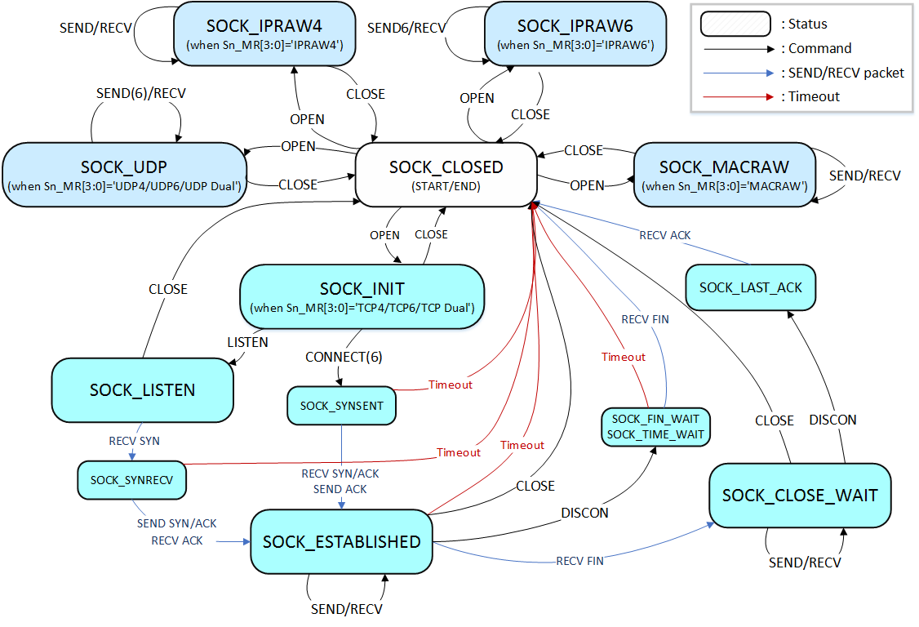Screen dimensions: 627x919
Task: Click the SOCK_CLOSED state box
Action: point(446,174)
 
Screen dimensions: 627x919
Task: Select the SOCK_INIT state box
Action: point(362,297)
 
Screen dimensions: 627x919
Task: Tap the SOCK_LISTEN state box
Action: point(142,390)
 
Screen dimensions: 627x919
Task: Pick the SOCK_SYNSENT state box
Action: point(341,406)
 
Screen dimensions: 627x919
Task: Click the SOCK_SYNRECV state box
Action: point(131,480)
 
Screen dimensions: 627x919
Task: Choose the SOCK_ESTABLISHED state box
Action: point(341,542)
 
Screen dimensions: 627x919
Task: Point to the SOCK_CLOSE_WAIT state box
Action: point(799,496)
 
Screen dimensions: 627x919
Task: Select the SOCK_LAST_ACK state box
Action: point(750,287)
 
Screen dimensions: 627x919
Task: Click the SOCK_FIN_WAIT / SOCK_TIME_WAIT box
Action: point(655,426)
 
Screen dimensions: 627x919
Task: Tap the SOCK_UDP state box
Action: point(123,175)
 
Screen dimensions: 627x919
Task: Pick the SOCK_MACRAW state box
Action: point(724,174)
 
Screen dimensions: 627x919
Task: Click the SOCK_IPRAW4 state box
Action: point(264,33)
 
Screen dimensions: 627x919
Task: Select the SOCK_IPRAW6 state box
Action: point(575,33)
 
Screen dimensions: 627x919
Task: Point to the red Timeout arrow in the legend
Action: point(735,96)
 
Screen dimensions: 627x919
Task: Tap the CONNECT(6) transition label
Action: point(344,357)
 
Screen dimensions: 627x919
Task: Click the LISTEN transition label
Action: point(246,343)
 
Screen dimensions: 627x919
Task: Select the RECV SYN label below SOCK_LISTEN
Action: point(134,441)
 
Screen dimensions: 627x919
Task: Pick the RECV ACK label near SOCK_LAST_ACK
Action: point(664,235)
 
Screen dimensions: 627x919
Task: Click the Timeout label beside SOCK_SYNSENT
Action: point(449,384)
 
